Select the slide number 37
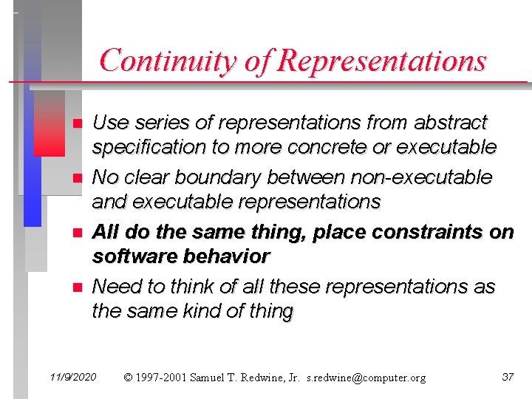[x=508, y=378]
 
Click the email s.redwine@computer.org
[x=366, y=378]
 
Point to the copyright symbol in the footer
[x=129, y=378]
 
